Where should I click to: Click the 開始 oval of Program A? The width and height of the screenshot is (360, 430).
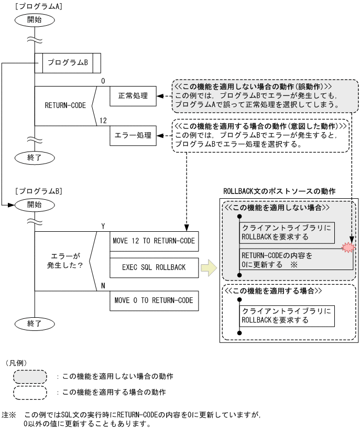34,20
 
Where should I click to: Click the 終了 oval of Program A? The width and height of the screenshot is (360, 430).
34,156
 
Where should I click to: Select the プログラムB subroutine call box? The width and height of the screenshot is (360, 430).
67,62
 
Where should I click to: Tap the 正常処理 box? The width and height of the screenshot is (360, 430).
133,96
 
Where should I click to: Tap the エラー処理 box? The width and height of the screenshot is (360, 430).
133,136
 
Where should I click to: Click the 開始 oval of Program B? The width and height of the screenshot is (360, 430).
34,204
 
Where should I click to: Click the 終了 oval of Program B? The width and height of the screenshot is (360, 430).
34,324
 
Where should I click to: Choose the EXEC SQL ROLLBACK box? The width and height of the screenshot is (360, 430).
155,267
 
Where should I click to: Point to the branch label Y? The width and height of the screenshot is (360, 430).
102,226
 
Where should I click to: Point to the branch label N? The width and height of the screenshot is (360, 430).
102,286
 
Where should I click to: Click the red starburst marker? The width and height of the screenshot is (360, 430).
347,248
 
